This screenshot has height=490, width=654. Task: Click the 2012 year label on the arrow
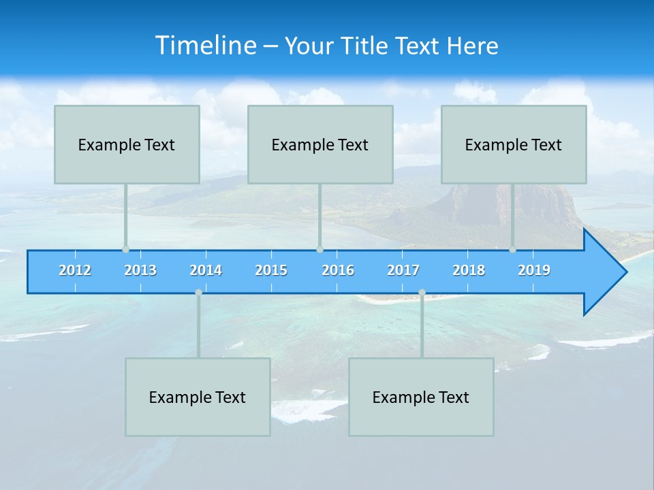point(75,270)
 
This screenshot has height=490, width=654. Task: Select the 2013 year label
point(140,270)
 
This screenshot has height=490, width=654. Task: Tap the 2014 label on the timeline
point(206,270)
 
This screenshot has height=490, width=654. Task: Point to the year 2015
point(271,270)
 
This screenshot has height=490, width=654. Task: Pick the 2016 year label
point(338,270)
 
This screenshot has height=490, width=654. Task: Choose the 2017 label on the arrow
point(403,270)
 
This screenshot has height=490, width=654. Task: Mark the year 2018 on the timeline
point(469,270)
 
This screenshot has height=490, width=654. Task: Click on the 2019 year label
point(534,270)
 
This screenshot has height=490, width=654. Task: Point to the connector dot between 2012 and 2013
point(125,249)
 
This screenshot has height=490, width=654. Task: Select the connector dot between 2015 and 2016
point(320,249)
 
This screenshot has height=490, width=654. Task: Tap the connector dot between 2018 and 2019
point(512,249)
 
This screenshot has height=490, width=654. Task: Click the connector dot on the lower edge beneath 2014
point(198,293)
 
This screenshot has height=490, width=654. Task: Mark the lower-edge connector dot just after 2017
point(422,293)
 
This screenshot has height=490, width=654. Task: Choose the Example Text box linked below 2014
point(198,397)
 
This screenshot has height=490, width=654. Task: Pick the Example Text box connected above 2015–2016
point(320,144)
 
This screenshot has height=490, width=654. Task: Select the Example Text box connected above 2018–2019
point(514,144)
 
